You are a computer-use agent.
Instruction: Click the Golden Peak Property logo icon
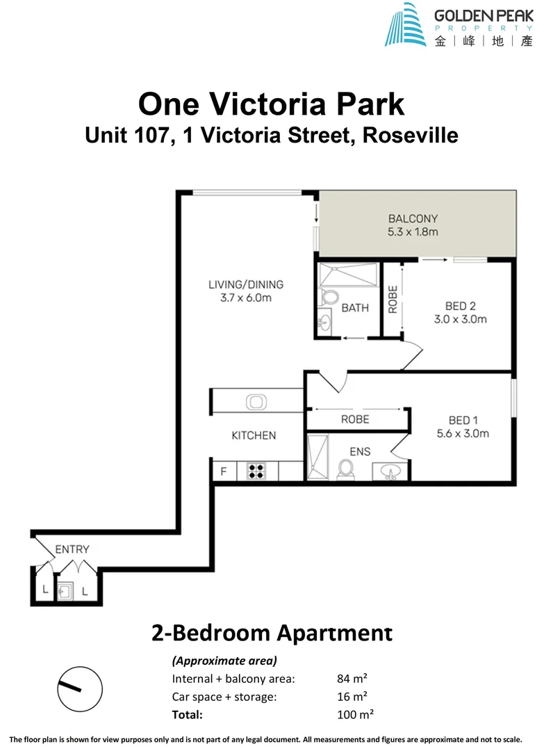(406, 24)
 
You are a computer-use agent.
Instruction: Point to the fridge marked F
(224, 471)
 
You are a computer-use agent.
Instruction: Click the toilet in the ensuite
(344, 470)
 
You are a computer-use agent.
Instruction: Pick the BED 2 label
(460, 305)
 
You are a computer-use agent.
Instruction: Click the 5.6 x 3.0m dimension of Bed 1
(463, 434)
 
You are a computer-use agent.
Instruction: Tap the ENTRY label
(72, 549)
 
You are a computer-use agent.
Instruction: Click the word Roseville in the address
(411, 135)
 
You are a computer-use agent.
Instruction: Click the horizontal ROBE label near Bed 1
(354, 419)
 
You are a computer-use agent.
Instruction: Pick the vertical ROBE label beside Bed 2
(393, 299)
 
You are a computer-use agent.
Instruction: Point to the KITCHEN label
(254, 435)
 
